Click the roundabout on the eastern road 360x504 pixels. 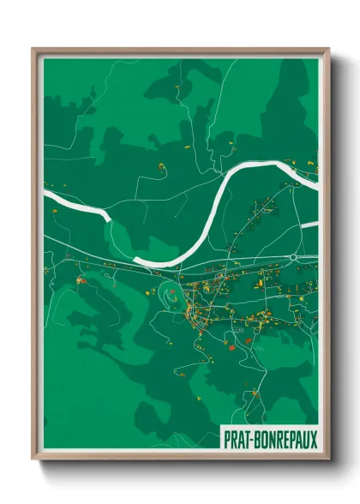pyautogui.click(x=293, y=256)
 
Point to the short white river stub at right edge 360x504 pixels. pyautogui.click(x=311, y=225)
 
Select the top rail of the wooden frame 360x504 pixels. pyautogui.click(x=180, y=51)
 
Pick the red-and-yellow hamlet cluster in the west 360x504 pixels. pyautogui.click(x=81, y=279)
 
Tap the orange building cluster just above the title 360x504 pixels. pyautogui.click(x=253, y=395)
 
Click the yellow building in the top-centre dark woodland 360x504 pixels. pyautogui.click(x=177, y=88)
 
